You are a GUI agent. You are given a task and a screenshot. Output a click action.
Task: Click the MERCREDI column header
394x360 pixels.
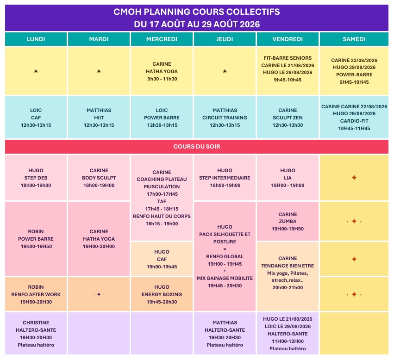[162, 39]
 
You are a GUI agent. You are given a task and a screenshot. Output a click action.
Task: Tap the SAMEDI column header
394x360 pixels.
[354, 39]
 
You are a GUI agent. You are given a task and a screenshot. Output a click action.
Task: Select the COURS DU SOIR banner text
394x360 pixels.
[197, 147]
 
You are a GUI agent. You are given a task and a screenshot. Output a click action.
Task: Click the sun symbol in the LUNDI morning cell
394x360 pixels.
[36, 71]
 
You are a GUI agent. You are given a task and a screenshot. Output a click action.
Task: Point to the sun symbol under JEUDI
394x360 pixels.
[225, 71]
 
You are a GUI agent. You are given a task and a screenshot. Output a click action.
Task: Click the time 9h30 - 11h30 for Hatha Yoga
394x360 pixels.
[162, 79]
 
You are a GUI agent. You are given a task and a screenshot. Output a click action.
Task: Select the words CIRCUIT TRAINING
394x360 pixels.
[225, 118]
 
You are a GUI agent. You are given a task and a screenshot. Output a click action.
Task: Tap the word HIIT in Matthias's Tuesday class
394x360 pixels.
[99, 118]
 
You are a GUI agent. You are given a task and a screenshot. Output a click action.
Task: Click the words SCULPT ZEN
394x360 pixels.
[288, 118]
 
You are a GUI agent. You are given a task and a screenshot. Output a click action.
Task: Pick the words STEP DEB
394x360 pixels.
[36, 178]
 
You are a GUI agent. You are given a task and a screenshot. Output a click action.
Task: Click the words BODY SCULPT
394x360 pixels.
[99, 178]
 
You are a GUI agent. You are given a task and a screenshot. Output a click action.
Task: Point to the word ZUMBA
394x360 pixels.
[288, 221]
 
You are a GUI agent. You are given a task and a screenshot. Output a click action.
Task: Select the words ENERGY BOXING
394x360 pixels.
[162, 294]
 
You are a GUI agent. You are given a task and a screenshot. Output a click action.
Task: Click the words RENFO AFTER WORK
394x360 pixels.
[36, 294]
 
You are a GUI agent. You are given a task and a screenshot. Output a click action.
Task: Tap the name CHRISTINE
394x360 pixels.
[36, 323]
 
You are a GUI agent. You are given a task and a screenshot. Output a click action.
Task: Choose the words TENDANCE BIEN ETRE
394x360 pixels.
[288, 266]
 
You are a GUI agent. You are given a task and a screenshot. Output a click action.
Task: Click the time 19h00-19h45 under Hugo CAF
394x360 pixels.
[162, 267]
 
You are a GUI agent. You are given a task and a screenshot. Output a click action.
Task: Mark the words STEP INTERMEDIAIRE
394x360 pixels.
[225, 178]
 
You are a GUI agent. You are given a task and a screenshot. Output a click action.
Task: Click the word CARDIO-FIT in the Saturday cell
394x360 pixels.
[354, 121]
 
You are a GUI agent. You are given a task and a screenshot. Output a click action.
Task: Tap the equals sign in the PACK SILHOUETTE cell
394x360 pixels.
[225, 249]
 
